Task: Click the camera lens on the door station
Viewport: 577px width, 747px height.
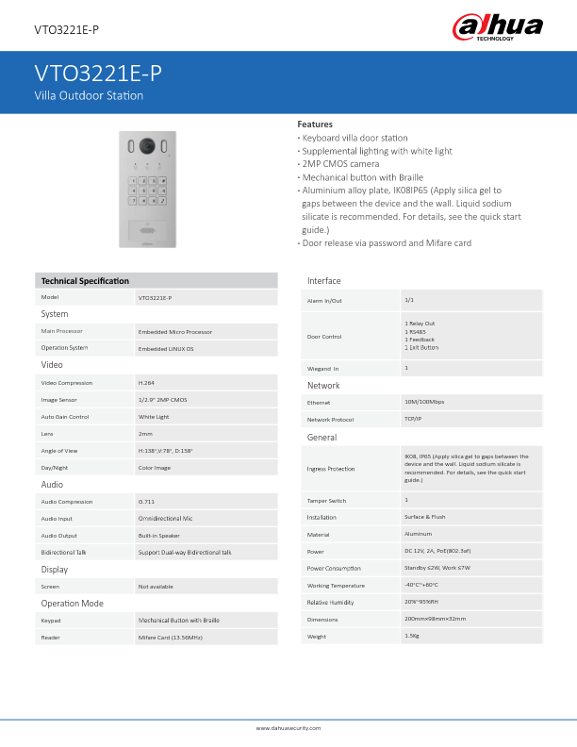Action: (x=146, y=146)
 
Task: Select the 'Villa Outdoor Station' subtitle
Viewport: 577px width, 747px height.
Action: (x=89, y=96)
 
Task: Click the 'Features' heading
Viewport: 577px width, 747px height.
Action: (x=315, y=124)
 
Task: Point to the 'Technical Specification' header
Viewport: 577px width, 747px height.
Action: (x=86, y=280)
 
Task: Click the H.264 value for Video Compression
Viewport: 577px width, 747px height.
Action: (x=146, y=383)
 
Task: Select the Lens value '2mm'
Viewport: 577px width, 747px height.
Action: (x=145, y=433)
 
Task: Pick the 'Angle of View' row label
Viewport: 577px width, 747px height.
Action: (x=58, y=450)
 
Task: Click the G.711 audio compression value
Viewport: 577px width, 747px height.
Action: (x=147, y=502)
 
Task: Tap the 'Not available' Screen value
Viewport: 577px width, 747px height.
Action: (x=156, y=587)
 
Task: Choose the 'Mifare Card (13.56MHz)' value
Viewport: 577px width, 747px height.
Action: (x=171, y=638)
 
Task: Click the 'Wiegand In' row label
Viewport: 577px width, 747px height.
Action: (x=323, y=368)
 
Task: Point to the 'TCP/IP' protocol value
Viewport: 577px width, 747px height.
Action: (x=413, y=418)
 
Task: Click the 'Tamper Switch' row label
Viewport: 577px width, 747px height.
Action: (x=326, y=500)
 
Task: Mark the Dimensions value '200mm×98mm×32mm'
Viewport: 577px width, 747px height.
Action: (x=435, y=619)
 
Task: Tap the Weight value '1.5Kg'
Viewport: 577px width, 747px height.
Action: (x=411, y=636)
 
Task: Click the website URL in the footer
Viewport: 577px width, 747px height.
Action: (x=288, y=728)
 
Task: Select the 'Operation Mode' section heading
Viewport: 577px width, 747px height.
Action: (x=72, y=603)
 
